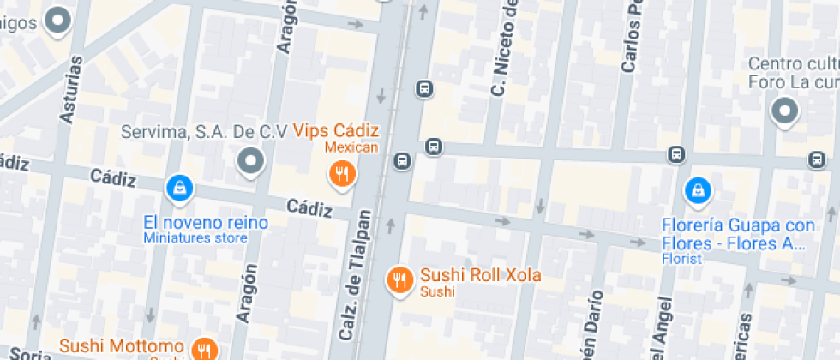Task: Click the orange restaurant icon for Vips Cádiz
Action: pyautogui.click(x=341, y=174)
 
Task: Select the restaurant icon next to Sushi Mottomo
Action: pyautogui.click(x=204, y=350)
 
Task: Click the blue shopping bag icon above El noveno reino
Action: pyautogui.click(x=179, y=188)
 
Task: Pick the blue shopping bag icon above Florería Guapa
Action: pyautogui.click(x=699, y=190)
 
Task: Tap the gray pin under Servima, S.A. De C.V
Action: pyautogui.click(x=250, y=161)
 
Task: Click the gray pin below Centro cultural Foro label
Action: pyautogui.click(x=783, y=111)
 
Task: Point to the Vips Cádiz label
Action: pyautogui.click(x=336, y=130)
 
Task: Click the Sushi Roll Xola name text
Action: pyautogui.click(x=480, y=276)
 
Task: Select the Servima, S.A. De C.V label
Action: pyautogui.click(x=203, y=132)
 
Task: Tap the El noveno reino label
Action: pyautogui.click(x=206, y=223)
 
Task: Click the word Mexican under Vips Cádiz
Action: pyautogui.click(x=351, y=147)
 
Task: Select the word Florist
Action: pyautogui.click(x=681, y=259)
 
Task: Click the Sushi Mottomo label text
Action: pyautogui.click(x=121, y=345)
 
